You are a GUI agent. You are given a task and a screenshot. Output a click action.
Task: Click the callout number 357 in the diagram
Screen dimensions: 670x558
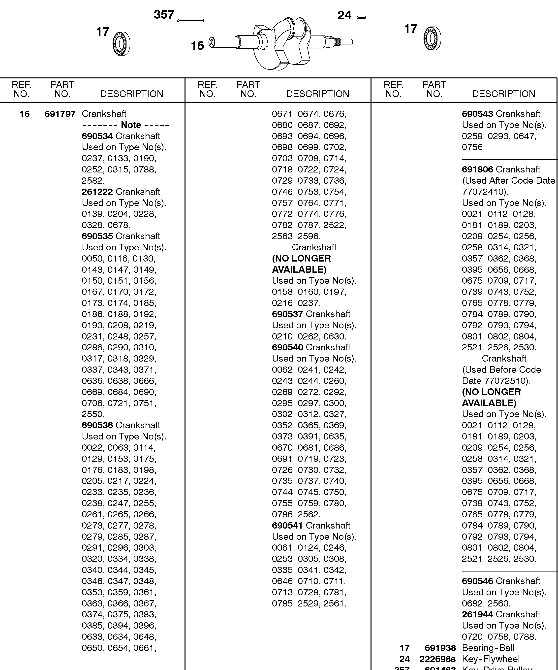[164, 15]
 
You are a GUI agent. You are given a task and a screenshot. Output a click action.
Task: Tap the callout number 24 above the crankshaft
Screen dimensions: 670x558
[344, 16]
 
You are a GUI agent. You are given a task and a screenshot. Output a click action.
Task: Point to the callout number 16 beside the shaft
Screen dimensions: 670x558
[197, 46]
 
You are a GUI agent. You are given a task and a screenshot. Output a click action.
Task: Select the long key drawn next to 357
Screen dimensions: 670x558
[191, 21]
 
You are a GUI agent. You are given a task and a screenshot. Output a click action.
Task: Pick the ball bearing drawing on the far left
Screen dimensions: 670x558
[122, 44]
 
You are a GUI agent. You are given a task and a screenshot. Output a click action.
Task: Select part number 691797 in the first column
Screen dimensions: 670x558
[60, 114]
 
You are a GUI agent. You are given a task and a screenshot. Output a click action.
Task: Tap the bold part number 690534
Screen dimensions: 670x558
[97, 136]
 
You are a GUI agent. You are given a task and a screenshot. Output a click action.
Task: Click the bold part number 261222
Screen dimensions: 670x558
[97, 192]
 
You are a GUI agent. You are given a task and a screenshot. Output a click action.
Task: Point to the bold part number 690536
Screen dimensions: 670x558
[97, 425]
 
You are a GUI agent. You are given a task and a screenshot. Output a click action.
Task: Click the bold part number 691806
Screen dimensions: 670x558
[477, 169]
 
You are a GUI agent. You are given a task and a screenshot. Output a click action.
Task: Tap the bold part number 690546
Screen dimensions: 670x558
[477, 581]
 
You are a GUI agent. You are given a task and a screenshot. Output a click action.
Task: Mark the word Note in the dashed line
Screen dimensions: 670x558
[131, 125]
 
